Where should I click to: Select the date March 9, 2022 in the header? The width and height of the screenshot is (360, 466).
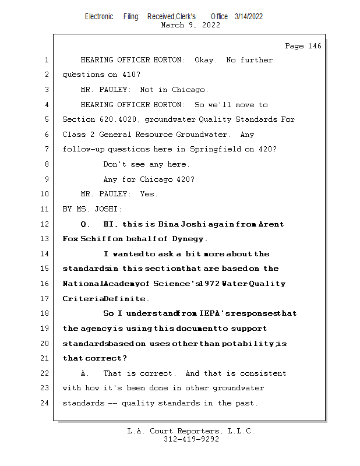(190, 25)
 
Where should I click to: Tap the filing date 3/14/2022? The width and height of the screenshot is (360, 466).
(249, 16)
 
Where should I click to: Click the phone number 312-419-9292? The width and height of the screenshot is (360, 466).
(191, 439)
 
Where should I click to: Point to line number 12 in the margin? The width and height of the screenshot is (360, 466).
(47, 224)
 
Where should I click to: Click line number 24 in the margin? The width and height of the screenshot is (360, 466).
(47, 403)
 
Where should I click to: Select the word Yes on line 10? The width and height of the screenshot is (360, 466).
(149, 194)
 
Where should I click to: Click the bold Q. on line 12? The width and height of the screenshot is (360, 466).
(85, 224)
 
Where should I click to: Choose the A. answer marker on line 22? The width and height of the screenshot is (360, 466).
(85, 373)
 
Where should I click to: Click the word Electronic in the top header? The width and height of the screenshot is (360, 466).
(99, 16)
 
